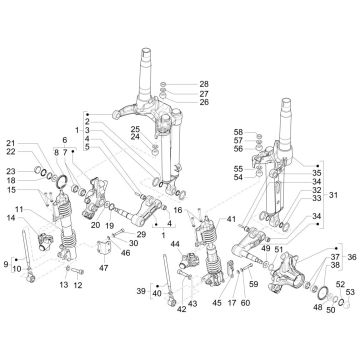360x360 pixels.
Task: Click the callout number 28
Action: click(x=204, y=83)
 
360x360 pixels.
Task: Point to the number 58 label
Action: click(x=238, y=132)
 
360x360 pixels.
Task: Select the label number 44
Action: click(x=174, y=244)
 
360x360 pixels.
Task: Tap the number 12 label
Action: click(x=78, y=285)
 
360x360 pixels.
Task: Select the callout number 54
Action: click(x=238, y=177)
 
